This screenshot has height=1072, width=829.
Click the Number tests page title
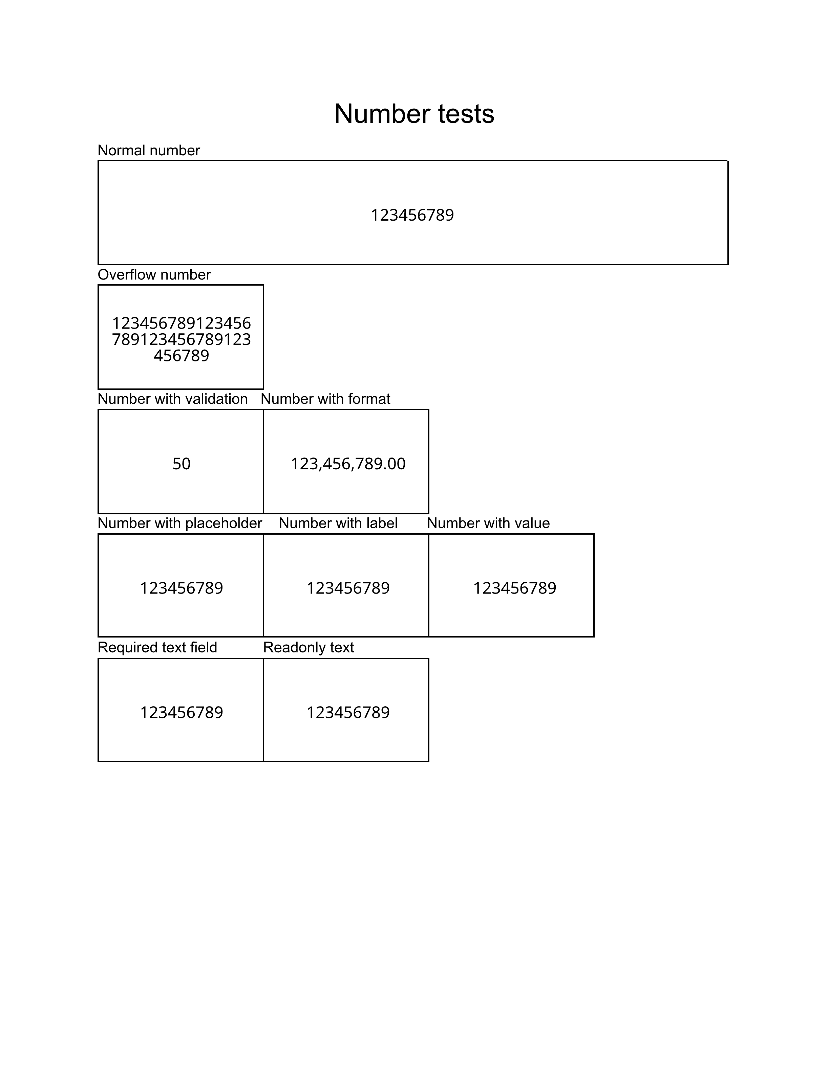pos(414,114)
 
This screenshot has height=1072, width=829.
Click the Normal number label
pos(149,150)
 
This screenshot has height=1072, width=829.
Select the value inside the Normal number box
pos(412,215)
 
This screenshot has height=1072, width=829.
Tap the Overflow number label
pos(154,274)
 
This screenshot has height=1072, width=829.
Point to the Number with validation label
pos(173,399)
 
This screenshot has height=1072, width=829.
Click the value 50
pos(181,464)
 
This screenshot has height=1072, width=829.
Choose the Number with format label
pos(326,399)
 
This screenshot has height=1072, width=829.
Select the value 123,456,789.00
pos(348,464)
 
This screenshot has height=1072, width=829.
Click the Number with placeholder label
pos(180,523)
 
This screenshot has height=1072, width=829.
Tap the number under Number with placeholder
pos(181,588)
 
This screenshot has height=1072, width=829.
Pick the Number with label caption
pos(338,523)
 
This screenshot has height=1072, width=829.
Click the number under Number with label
pos(348,588)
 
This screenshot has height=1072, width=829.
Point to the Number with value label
pos(488,523)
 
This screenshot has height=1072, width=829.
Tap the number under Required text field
pos(181,712)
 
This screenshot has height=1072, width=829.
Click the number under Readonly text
pos(348,712)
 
